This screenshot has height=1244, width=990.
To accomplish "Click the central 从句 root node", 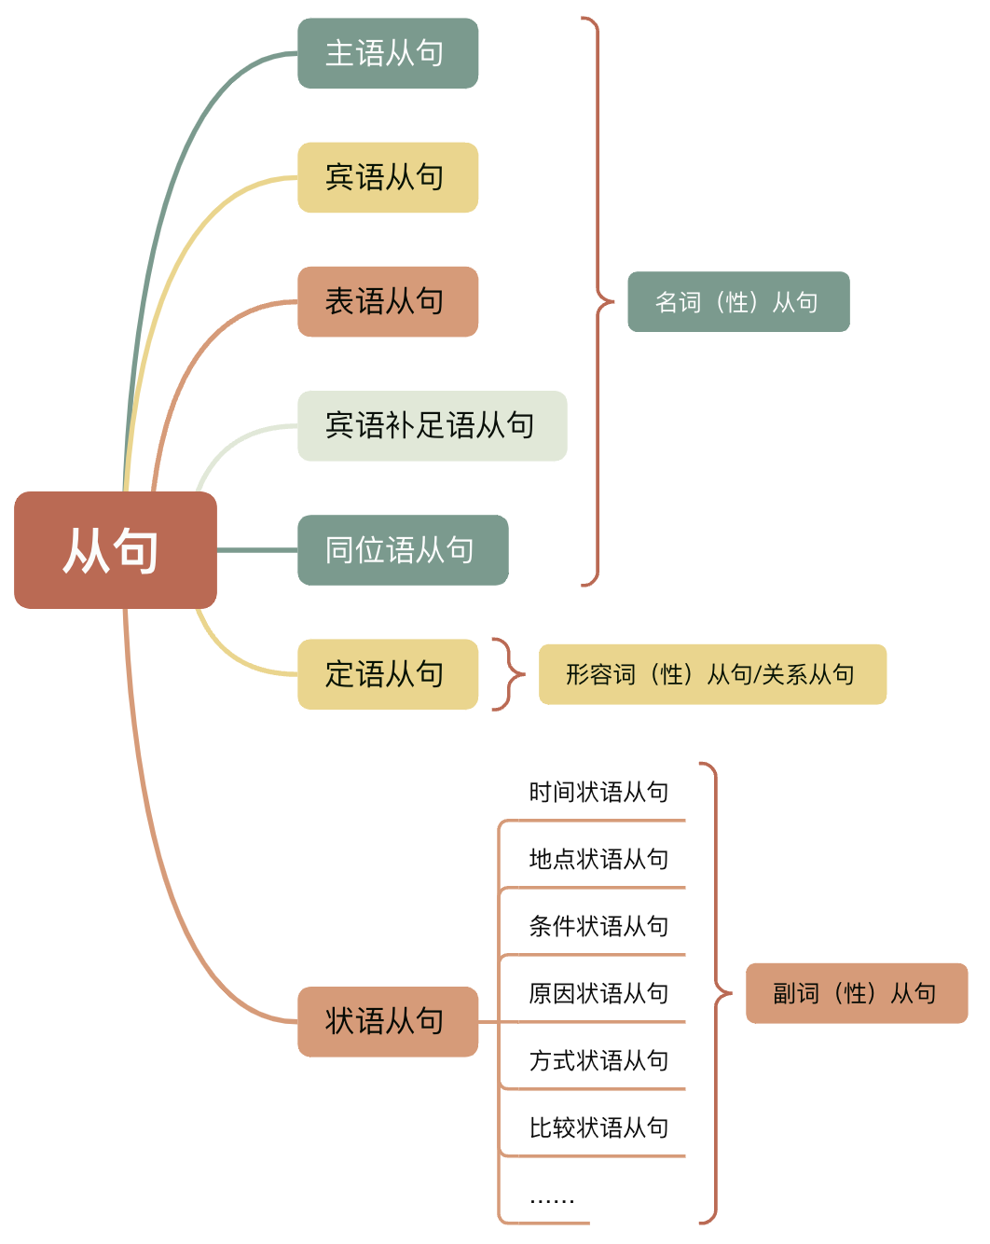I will click(x=116, y=550).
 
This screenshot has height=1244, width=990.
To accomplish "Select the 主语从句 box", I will click(x=388, y=53).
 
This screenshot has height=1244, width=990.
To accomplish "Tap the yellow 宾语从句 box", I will click(x=388, y=177).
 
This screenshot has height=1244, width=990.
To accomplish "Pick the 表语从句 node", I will click(x=388, y=301).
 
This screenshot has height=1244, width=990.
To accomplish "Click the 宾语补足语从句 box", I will click(x=432, y=425).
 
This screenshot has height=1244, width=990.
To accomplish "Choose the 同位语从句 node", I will click(x=403, y=550).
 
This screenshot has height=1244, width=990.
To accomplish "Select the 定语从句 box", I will click(x=388, y=674).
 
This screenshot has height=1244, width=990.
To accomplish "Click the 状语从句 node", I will click(x=388, y=1021).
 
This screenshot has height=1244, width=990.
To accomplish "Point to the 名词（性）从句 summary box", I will click(x=738, y=301).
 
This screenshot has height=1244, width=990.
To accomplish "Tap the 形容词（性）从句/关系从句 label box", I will click(x=712, y=674).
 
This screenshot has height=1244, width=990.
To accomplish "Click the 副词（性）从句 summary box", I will click(x=857, y=993).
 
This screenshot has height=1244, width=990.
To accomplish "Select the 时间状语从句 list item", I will click(x=598, y=793).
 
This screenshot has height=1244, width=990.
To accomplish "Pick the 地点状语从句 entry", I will click(x=598, y=859).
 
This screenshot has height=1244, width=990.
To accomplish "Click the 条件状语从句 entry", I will click(x=598, y=926).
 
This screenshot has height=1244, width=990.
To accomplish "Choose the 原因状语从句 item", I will click(x=598, y=993).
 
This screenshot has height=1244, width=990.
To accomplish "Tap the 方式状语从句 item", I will click(x=598, y=1060).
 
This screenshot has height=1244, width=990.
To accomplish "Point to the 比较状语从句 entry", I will click(x=598, y=1127).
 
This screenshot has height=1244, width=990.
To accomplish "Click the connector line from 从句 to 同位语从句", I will click(x=257, y=550).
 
